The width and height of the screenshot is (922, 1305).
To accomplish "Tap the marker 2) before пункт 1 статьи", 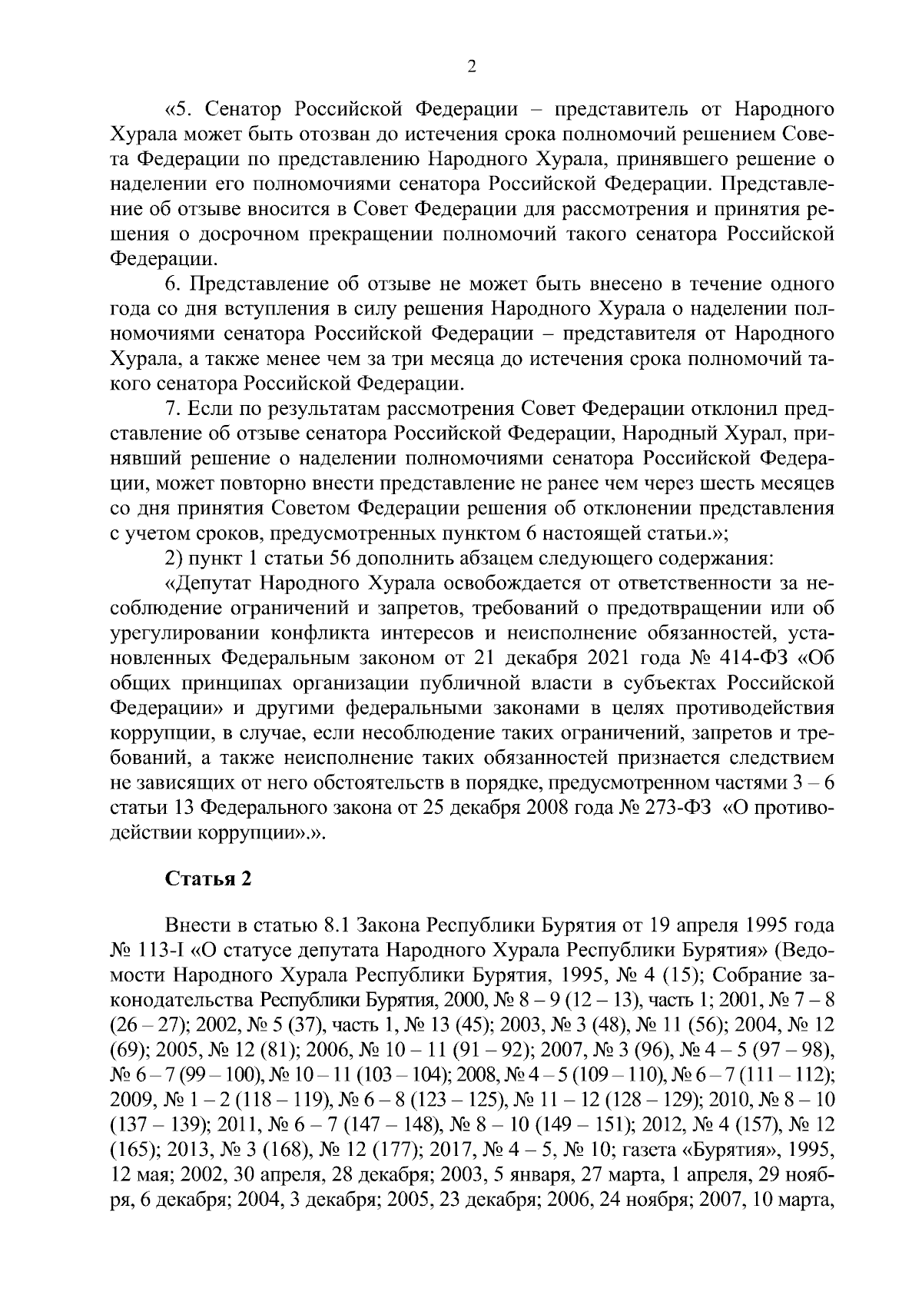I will [174, 558].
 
